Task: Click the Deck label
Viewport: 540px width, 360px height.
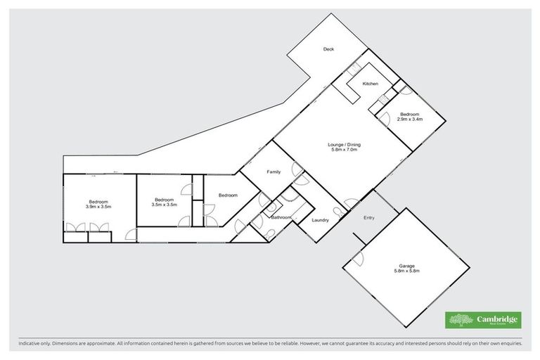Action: click(x=328, y=49)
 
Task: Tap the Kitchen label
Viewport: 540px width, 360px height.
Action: click(x=371, y=84)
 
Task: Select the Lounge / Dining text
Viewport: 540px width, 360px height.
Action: click(x=343, y=145)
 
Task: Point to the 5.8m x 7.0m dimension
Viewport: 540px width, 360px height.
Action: click(x=343, y=150)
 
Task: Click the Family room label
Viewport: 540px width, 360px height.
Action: click(x=273, y=172)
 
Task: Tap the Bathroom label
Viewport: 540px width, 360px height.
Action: click(x=281, y=218)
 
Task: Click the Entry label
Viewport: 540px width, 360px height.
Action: click(x=368, y=217)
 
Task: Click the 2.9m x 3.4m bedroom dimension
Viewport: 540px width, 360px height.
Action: click(x=410, y=119)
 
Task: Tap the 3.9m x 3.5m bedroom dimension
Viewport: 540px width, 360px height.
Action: click(x=99, y=207)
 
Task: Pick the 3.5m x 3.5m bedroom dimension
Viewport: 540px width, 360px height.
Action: click(x=164, y=205)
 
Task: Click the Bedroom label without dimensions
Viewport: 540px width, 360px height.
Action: click(x=228, y=195)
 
